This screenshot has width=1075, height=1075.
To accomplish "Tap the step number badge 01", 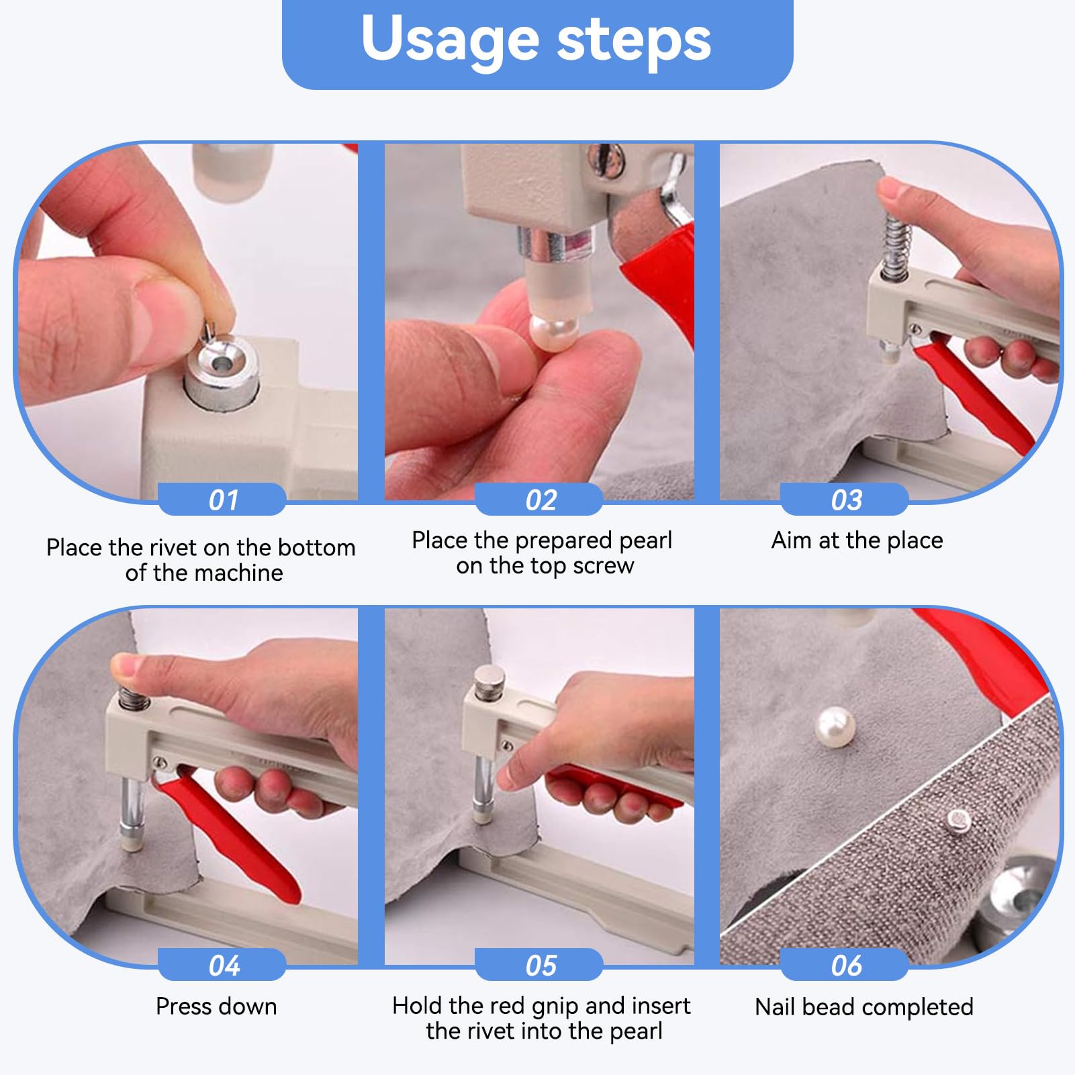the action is [222, 500].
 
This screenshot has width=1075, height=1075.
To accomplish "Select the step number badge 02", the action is [540, 500].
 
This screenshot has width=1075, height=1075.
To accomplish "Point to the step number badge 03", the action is [845, 500].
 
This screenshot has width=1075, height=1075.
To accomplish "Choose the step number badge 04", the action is [222, 965].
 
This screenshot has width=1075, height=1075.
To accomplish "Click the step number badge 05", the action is [540, 965].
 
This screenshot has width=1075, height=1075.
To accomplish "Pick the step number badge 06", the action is [845, 965].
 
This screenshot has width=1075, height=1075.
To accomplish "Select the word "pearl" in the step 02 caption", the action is [645, 541].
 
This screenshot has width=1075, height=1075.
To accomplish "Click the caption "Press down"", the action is [216, 1006].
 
